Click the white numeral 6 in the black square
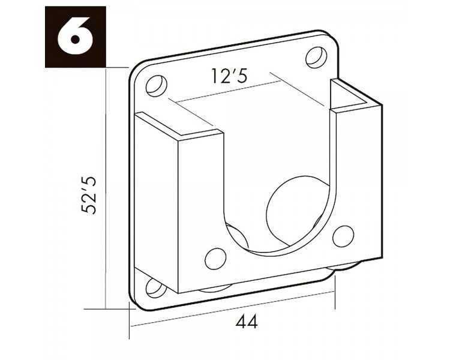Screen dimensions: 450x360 (75, 36)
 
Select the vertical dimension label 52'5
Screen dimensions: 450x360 (89, 196)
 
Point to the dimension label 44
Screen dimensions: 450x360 (247, 322)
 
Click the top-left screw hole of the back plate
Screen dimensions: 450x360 (157, 86)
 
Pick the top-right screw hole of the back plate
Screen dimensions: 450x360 (316, 58)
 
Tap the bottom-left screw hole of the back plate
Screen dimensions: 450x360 (156, 288)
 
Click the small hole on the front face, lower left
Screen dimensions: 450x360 (215, 259)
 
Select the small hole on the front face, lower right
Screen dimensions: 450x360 (343, 236)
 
